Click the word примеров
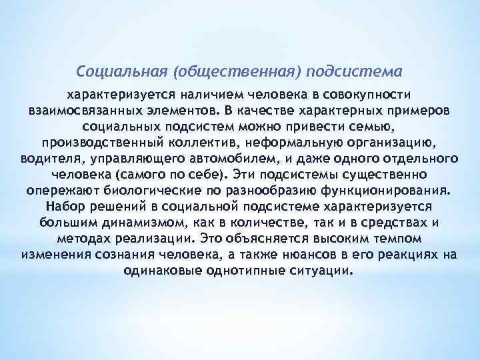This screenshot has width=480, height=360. click(421, 109)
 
